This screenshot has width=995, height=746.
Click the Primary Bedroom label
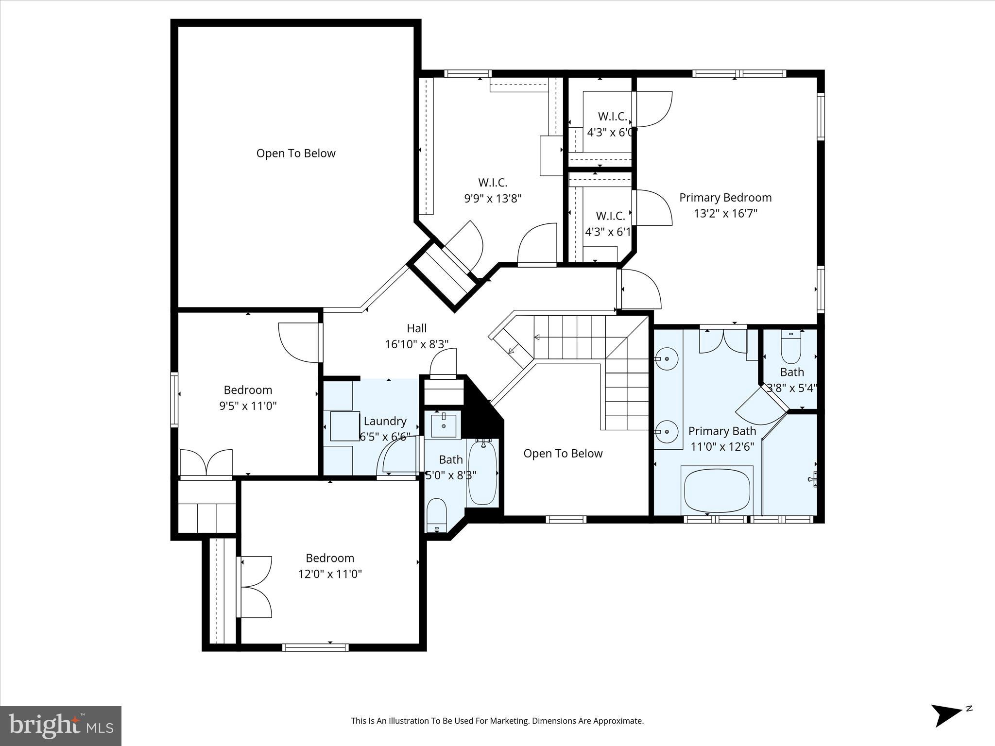click(725, 198)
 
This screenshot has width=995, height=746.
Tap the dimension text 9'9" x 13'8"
click(493, 199)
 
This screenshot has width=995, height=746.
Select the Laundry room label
click(385, 421)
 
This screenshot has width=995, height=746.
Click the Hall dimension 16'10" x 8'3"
click(416, 344)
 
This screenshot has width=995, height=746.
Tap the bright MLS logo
click(61, 726)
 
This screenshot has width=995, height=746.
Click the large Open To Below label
click(296, 153)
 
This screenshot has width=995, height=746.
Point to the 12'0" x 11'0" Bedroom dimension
click(330, 574)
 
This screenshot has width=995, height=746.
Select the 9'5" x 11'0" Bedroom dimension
click(248, 406)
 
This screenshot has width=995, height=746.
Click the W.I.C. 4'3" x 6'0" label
click(611, 124)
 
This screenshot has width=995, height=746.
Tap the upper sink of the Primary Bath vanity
click(667, 359)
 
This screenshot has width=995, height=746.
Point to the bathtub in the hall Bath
click(482, 473)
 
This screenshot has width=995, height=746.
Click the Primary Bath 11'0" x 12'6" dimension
click(722, 447)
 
